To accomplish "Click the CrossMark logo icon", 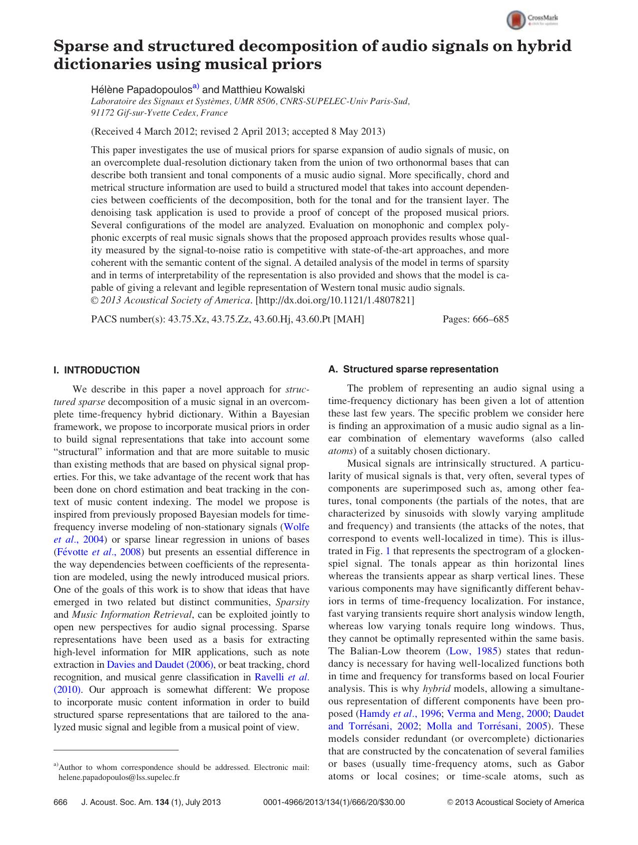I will (516, 20).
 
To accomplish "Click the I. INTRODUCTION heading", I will (97, 370).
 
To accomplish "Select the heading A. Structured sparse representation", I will (413, 369).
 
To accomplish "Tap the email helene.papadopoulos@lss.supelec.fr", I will (119, 777).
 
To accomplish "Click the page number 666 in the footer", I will (60, 802).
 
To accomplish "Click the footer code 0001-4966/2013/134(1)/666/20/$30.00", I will (334, 802).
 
